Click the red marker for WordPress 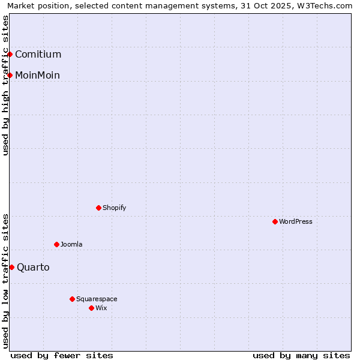[275, 221]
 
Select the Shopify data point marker [98, 208]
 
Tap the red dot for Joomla [56, 244]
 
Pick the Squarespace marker [72, 299]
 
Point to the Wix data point [91, 308]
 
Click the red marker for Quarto [11, 267]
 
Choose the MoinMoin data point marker [10, 75]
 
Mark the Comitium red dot [10, 54]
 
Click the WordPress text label [295, 221]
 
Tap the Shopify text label [114, 208]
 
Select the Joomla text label [71, 244]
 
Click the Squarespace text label [97, 299]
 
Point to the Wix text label [101, 308]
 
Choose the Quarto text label [33, 267]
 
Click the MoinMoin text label [37, 75]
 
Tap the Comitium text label [38, 54]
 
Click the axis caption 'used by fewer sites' [62, 355]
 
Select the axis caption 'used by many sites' [301, 355]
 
